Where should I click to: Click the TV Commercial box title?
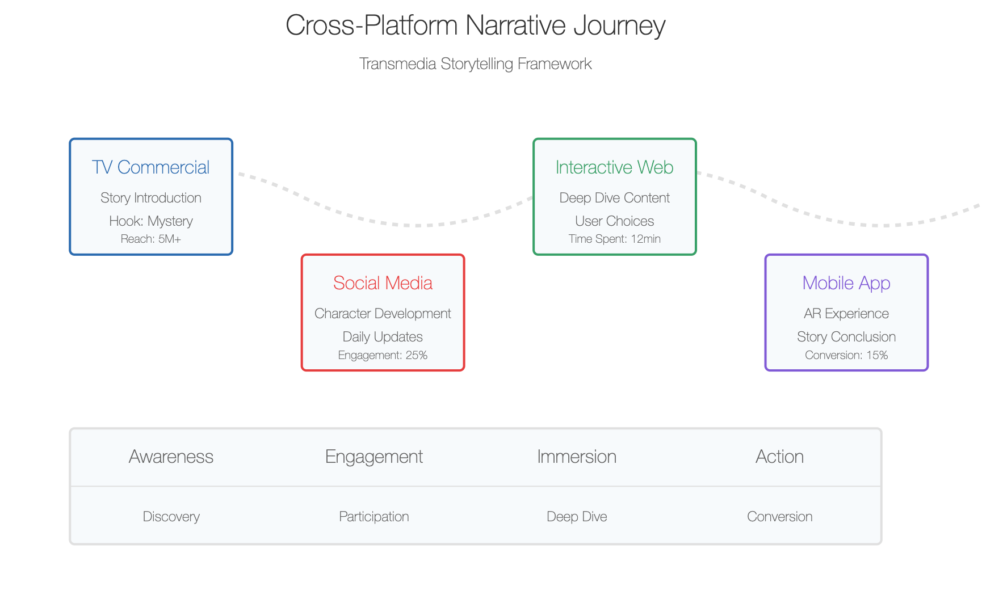click(150, 167)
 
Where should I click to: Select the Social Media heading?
click(383, 283)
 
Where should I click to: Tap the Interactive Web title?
click(614, 167)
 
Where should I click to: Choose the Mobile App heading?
click(846, 283)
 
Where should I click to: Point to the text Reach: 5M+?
click(150, 239)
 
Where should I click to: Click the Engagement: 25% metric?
click(383, 355)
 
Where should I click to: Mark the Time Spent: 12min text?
click(614, 239)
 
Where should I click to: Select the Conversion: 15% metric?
click(846, 355)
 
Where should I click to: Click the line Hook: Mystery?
click(150, 221)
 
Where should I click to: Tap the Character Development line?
click(383, 314)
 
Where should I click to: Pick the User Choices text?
click(614, 221)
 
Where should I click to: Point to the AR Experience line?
click(846, 314)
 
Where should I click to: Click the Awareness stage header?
click(171, 457)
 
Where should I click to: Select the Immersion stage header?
click(577, 457)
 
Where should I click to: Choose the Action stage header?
click(779, 457)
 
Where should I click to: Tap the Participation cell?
click(374, 517)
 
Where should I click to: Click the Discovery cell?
click(171, 517)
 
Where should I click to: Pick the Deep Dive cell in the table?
click(577, 517)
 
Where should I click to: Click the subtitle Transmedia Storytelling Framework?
click(475, 64)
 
